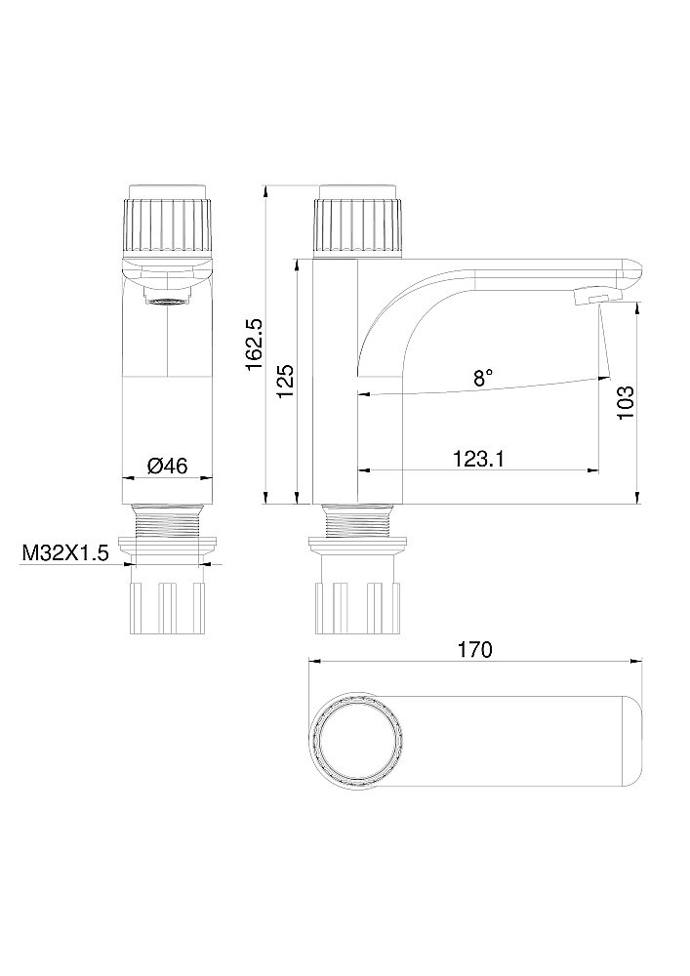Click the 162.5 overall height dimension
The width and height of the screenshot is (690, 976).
254,343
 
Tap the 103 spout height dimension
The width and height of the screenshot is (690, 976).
627,401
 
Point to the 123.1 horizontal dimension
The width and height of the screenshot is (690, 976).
478,458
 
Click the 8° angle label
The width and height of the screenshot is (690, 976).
483,377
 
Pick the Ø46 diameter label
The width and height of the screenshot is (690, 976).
167,466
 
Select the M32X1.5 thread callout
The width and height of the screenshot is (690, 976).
64,553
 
